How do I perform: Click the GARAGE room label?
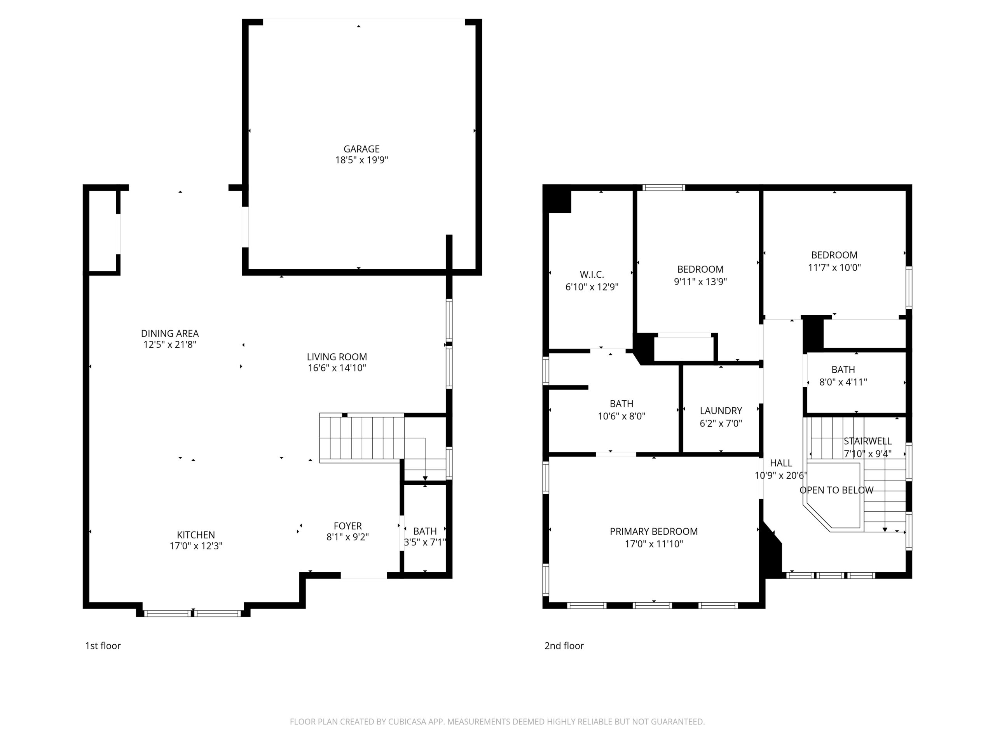pos(361,149)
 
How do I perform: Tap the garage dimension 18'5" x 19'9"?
pos(361,160)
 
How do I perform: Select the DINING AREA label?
pos(169,334)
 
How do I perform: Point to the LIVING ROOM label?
pos(337,357)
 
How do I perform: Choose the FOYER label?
pos(348,526)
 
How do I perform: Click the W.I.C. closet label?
pos(592,275)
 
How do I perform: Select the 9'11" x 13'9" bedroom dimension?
pos(700,282)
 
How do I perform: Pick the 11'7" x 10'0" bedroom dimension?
pos(834,267)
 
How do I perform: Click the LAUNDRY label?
pos(721,410)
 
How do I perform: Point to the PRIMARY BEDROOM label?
pos(654,531)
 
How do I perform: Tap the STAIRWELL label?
pos(868,441)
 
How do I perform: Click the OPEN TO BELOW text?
pos(837,490)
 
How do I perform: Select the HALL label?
pos(781,463)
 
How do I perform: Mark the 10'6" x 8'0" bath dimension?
pos(621,417)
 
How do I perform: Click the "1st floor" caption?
pos(103,646)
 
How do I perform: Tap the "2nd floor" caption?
pos(564,646)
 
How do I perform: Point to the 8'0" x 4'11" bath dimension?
pos(843,382)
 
